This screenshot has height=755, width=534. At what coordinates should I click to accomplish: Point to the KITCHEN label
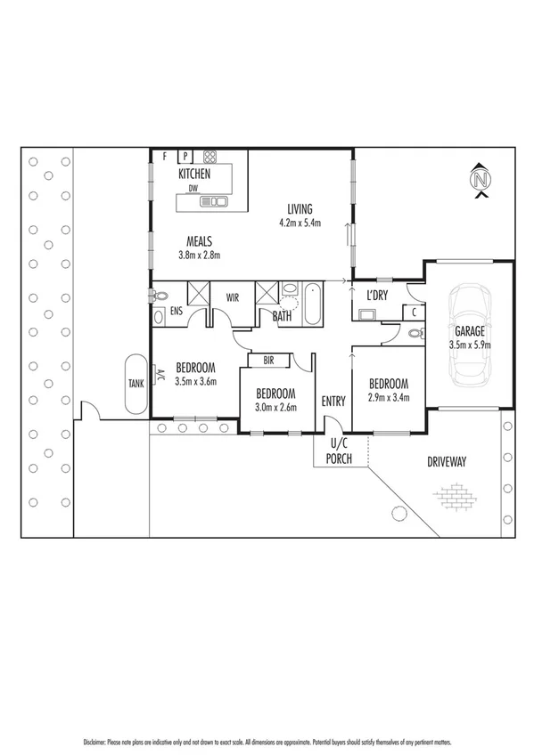point(194,174)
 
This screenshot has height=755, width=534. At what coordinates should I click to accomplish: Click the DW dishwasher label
point(192,188)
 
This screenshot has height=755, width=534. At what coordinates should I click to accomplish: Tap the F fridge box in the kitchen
point(166,156)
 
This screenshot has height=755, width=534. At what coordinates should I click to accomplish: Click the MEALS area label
point(198,240)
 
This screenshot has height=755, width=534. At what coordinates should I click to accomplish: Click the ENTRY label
point(333,402)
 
